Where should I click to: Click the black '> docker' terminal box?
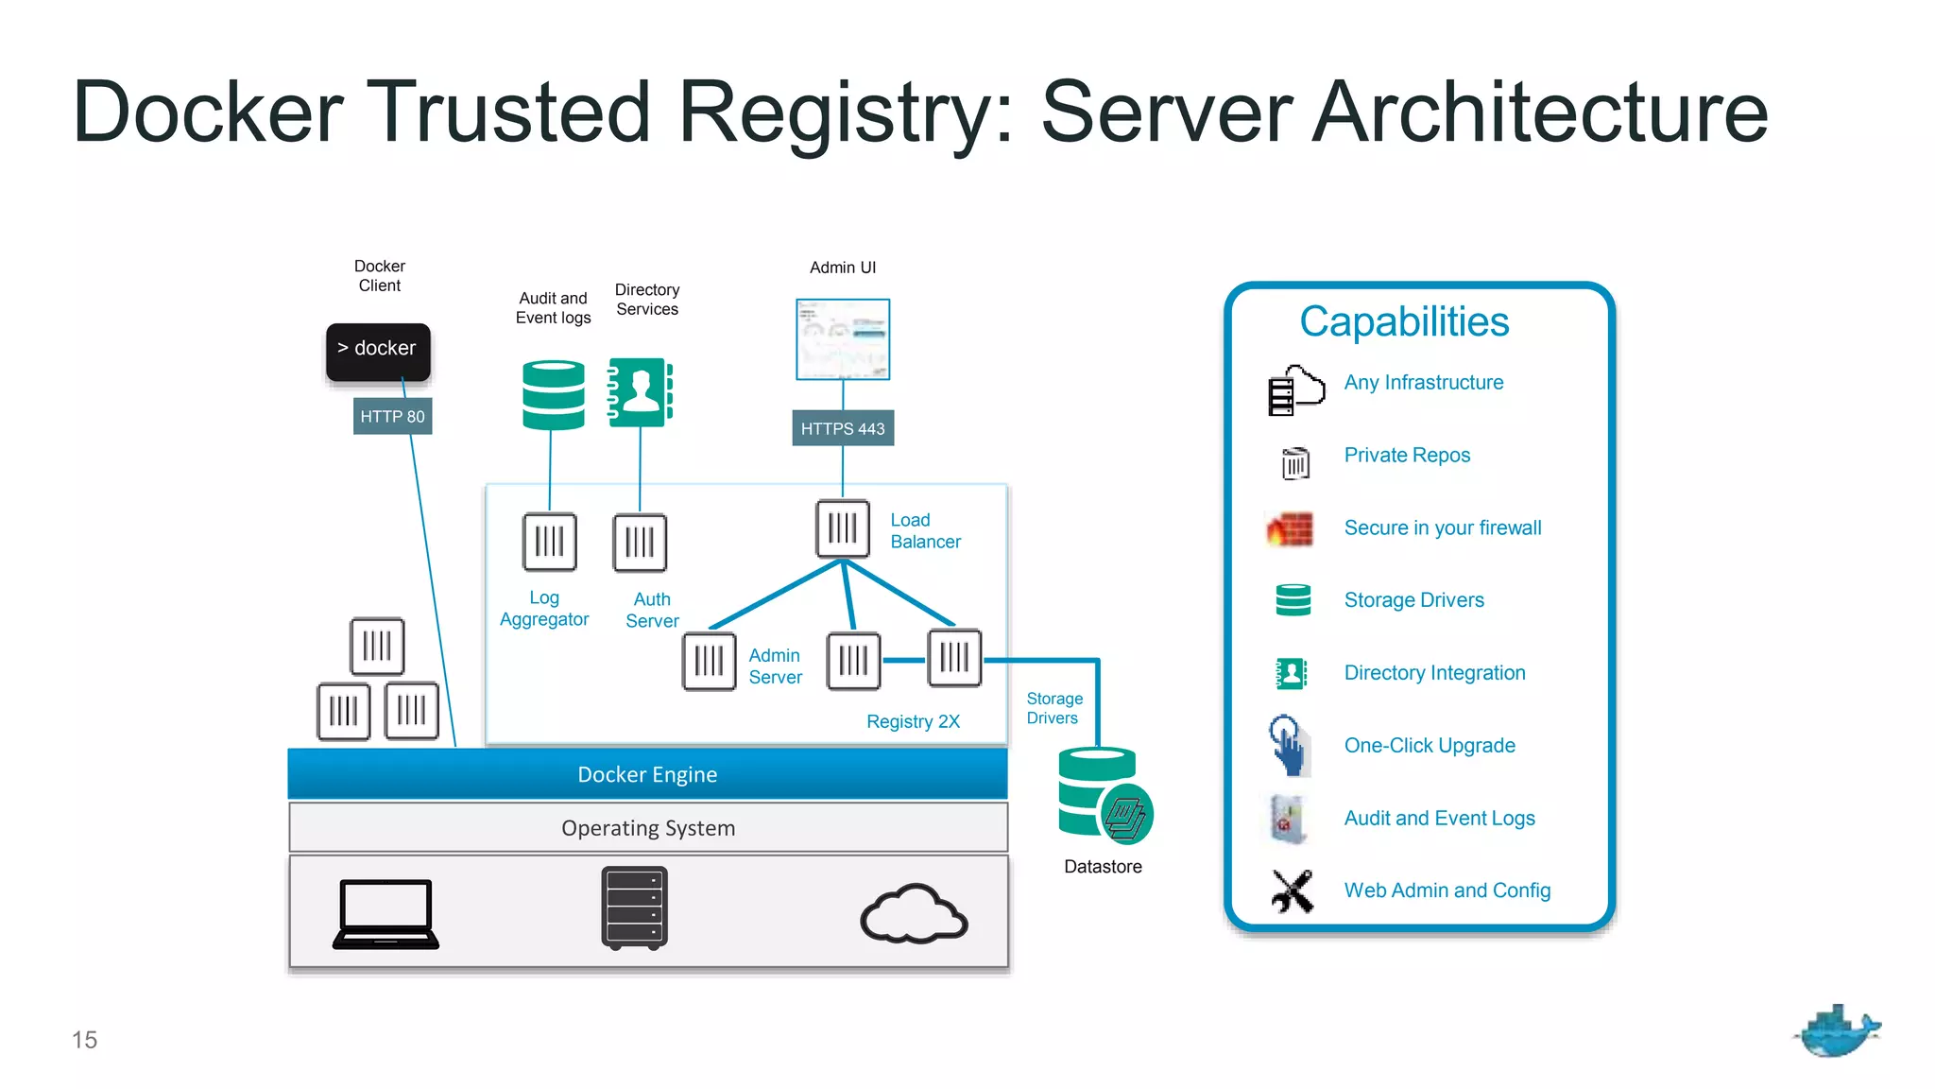pyautogui.click(x=378, y=352)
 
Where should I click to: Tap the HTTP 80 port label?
pyautogui.click(x=392, y=416)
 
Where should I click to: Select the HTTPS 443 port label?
pyautogui.click(x=842, y=428)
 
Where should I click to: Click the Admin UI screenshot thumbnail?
pyautogui.click(x=842, y=339)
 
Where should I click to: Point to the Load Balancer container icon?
pyautogui.click(x=842, y=528)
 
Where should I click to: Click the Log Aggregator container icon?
pyautogui.click(x=549, y=542)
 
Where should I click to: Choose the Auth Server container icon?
pyautogui.click(x=640, y=543)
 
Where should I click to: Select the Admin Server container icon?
pyautogui.click(x=709, y=661)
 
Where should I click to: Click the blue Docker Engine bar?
pyautogui.click(x=647, y=774)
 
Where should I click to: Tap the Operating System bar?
pyautogui.click(x=647, y=828)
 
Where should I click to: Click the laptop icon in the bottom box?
pyautogui.click(x=385, y=913)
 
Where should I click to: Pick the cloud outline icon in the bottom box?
pyautogui.click(x=913, y=914)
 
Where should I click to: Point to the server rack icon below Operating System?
pyautogui.click(x=634, y=907)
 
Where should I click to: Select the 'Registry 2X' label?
pyautogui.click(x=913, y=721)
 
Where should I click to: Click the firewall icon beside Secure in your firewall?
pyautogui.click(x=1290, y=529)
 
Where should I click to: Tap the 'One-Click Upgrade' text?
pyautogui.click(x=1429, y=745)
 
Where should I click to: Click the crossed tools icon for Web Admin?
pyautogui.click(x=1292, y=890)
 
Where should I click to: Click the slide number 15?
pyautogui.click(x=84, y=1040)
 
